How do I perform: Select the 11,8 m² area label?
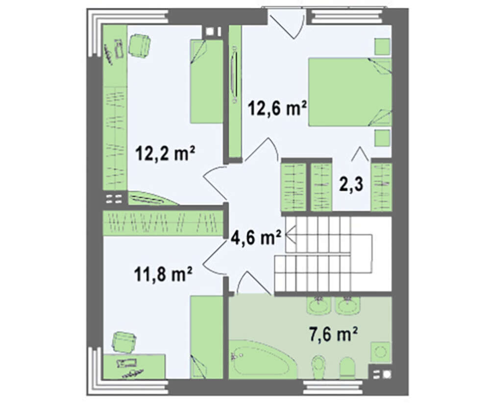163,274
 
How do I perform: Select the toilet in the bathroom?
319,366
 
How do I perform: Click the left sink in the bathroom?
319,304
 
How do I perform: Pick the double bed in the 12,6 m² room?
350,92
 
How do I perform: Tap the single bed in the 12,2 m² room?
207,81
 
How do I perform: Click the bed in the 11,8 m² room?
207,338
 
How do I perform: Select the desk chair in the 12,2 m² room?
139,46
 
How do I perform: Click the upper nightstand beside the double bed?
382,47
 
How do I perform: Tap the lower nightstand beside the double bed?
382,138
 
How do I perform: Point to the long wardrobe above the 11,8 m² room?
163,223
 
